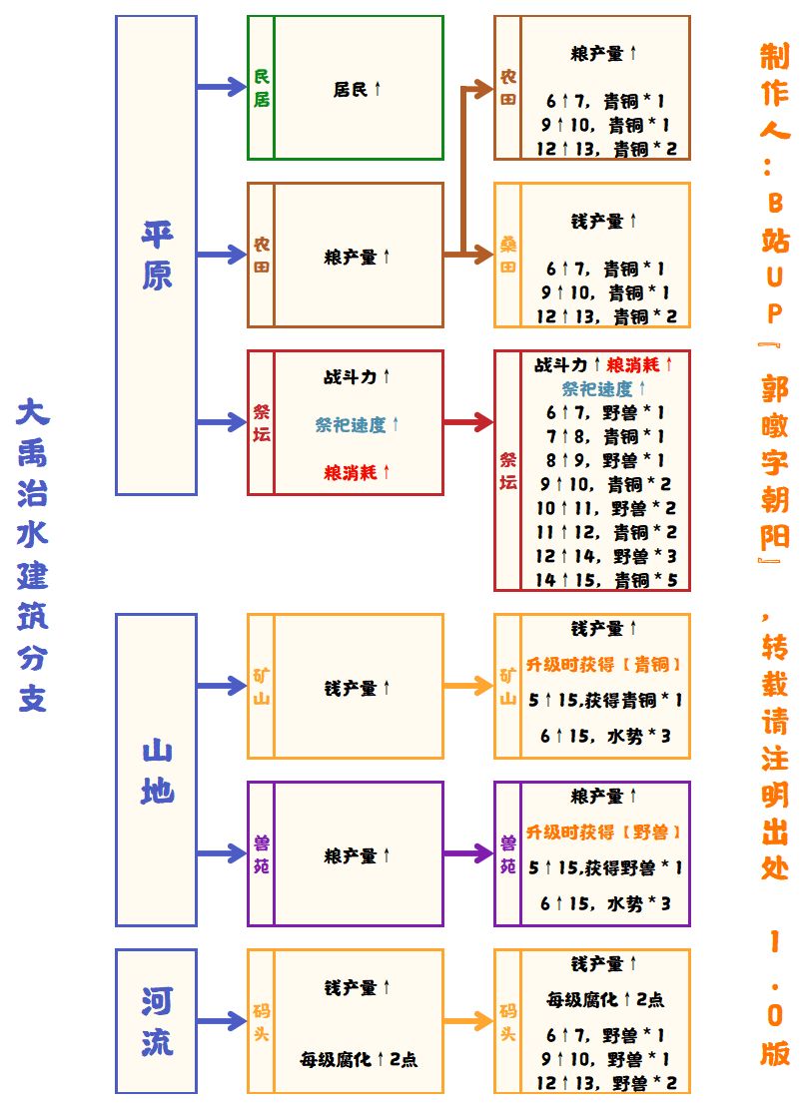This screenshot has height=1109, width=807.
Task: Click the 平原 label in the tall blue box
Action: point(157,255)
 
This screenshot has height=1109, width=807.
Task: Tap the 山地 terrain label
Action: point(157,770)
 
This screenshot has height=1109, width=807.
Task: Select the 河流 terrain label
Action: point(157,1020)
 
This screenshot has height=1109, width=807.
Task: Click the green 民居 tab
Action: point(261,88)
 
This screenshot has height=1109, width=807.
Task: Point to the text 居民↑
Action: point(358,89)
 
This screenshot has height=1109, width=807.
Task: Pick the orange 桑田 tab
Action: point(507,255)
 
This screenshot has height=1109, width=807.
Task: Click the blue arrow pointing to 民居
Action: point(222,88)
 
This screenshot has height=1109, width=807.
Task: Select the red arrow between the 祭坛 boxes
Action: point(468,422)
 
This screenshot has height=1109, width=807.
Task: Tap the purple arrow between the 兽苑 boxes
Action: point(468,853)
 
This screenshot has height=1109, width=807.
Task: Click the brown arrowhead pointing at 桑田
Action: point(482,255)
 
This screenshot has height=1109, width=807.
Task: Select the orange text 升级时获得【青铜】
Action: point(605,664)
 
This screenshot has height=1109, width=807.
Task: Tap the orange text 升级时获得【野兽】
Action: point(605,832)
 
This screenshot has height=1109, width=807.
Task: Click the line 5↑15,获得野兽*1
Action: point(605,867)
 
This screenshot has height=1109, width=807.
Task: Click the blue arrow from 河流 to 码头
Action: point(222,1020)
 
